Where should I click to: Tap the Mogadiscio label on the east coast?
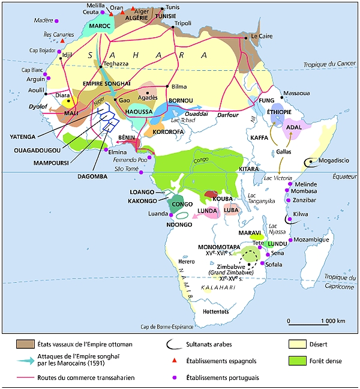(334, 161)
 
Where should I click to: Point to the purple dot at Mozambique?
(290, 240)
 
